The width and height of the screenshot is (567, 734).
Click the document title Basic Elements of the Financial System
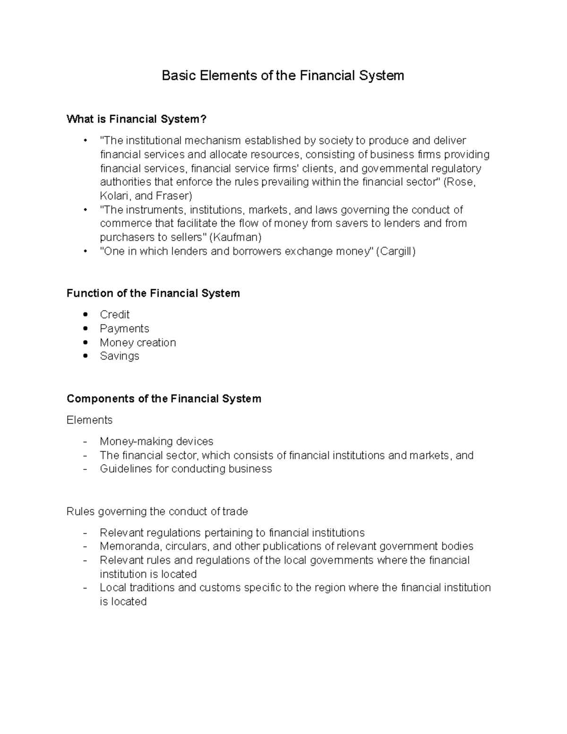point(283,76)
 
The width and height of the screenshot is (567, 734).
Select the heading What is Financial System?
point(137,119)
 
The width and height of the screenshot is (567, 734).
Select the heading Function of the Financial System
point(153,294)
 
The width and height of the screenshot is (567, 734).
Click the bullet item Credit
point(114,315)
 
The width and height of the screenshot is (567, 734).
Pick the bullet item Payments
point(124,328)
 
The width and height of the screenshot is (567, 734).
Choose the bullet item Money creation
point(137,343)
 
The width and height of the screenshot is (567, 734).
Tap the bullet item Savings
point(119,356)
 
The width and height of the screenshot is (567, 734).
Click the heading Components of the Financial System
point(163,399)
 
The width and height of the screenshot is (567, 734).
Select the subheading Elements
point(89,420)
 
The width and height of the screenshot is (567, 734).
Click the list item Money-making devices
point(156,441)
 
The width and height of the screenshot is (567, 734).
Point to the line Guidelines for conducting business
point(186,469)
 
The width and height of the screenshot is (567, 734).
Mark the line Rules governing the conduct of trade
point(157,511)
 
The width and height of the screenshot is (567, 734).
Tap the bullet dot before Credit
point(85,315)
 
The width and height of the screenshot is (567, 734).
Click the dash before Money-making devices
point(85,441)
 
